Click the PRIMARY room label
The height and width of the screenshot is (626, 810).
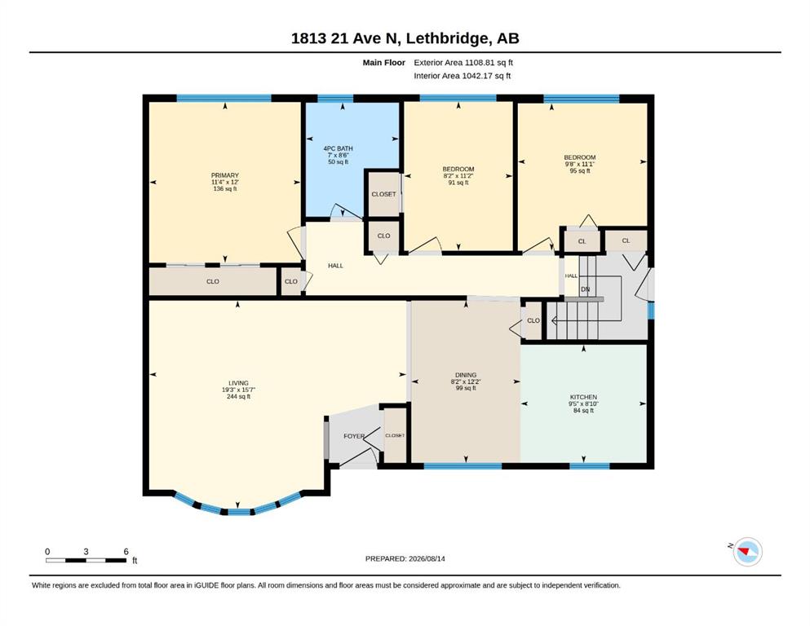click(x=224, y=175)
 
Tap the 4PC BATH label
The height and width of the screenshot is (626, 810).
click(x=339, y=148)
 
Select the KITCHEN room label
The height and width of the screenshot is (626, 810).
click(x=584, y=398)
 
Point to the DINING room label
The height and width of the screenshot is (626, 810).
click(x=466, y=375)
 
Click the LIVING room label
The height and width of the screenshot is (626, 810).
click(x=239, y=383)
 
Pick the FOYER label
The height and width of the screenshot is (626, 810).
click(x=354, y=436)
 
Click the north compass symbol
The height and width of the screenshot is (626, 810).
click(x=747, y=552)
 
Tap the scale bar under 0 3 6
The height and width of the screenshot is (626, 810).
click(x=86, y=561)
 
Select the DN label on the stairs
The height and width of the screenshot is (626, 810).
click(x=586, y=289)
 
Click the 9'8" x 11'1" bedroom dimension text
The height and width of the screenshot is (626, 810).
click(x=580, y=164)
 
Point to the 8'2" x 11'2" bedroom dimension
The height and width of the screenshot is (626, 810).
click(x=458, y=176)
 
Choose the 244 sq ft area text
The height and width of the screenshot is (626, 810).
click(x=239, y=397)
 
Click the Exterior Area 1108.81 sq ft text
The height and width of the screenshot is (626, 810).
click(x=463, y=63)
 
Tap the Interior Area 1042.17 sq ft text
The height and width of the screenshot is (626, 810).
click(x=463, y=76)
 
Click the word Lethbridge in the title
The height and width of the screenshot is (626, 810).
click(x=447, y=38)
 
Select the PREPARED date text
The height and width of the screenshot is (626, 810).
click(x=405, y=559)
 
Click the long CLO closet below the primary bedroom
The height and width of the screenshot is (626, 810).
click(x=213, y=282)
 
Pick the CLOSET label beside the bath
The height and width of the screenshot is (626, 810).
click(x=384, y=195)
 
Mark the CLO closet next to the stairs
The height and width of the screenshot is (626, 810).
click(x=533, y=321)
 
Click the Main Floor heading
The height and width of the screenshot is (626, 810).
click(x=384, y=63)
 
